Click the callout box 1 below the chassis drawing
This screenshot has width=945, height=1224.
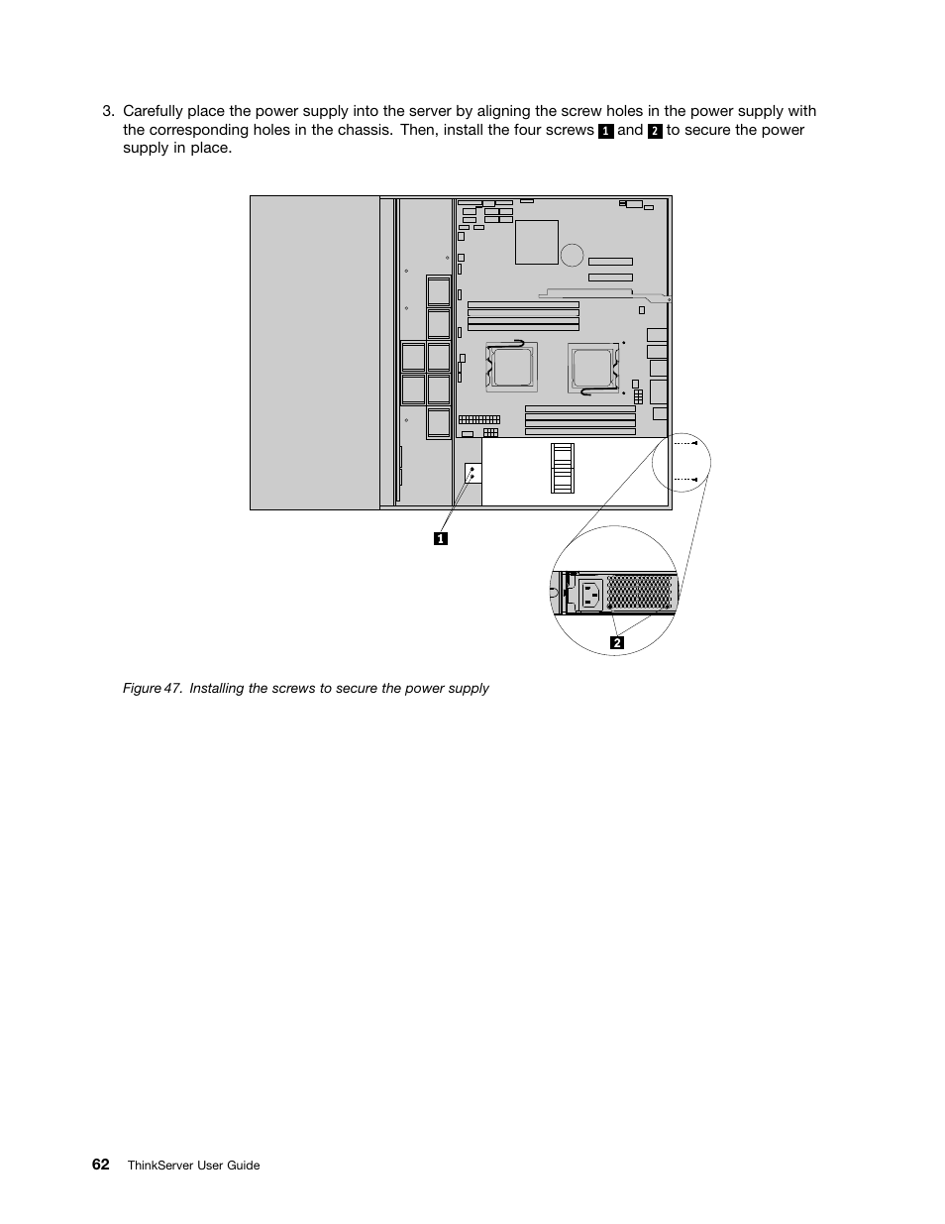tap(441, 538)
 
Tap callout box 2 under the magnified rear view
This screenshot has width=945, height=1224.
tap(617, 642)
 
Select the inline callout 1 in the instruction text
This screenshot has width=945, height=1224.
tap(605, 131)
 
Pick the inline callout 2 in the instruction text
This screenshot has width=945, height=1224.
tap(655, 131)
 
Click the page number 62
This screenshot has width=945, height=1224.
tap(101, 1165)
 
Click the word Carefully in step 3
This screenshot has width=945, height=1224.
tap(153, 112)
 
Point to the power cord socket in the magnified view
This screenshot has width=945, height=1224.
tap(590, 595)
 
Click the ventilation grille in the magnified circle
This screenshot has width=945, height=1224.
tap(639, 592)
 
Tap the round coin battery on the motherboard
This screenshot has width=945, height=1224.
tap(572, 255)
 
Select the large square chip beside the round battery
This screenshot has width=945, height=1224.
tap(537, 242)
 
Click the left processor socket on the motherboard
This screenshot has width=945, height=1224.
tap(511, 368)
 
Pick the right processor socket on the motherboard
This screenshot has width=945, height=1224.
tap(593, 369)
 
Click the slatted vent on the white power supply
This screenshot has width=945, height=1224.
tap(563, 468)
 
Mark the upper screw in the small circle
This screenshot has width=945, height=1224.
tap(694, 443)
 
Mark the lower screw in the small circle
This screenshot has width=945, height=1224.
tap(694, 480)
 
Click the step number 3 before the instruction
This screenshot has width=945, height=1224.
tap(108, 112)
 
